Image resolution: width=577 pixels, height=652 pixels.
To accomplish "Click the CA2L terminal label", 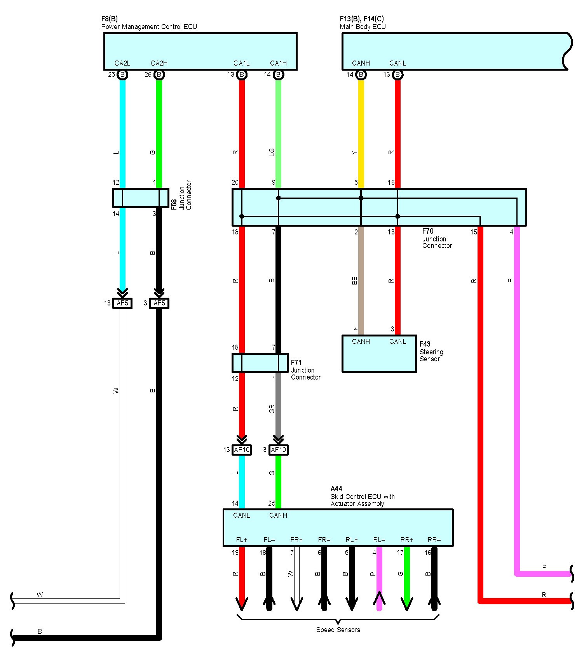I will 122,63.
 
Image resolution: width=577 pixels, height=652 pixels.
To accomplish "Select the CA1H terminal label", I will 278,63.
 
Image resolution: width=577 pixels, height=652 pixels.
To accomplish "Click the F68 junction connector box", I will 141,198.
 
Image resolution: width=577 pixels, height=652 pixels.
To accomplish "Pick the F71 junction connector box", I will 260,363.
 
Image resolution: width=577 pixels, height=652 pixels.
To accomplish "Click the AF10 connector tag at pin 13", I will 242,450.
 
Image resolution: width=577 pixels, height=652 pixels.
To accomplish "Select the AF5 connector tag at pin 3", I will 159,303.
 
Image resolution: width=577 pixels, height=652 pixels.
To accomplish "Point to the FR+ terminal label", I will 296,540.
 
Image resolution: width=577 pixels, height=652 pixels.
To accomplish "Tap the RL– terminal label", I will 379,540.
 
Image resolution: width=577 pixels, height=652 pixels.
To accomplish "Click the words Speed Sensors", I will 338,629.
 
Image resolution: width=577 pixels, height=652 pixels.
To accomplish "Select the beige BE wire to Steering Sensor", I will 361,279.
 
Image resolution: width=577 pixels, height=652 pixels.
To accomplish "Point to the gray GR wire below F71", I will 278,407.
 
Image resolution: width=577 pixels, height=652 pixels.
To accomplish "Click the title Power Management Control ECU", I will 149,27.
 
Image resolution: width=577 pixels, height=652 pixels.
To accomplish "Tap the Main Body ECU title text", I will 363,27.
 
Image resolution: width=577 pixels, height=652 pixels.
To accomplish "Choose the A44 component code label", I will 336,489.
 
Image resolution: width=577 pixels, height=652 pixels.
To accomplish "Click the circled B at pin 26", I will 159,75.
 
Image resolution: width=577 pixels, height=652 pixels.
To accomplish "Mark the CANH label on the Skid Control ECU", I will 278,515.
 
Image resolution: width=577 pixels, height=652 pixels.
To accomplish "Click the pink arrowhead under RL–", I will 379,600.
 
